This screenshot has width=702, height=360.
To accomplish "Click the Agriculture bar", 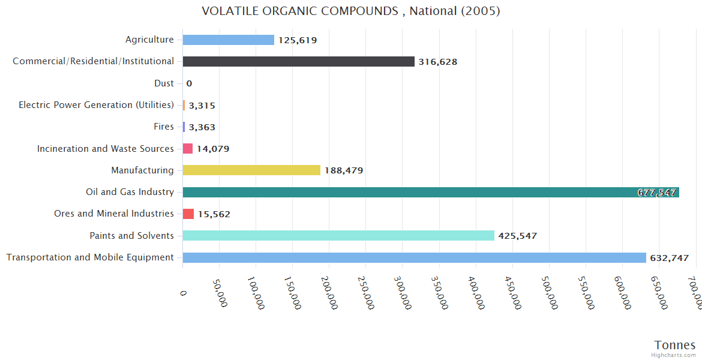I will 228,40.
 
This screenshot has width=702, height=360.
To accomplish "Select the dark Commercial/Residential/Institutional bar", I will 298,62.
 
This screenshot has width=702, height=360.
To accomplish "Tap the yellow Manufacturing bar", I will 251,170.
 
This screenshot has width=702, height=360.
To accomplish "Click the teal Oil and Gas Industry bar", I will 408,192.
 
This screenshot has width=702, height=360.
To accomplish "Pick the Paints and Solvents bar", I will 338,236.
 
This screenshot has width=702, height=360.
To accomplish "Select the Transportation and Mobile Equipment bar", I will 414,257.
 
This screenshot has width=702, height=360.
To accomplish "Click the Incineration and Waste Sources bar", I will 188,149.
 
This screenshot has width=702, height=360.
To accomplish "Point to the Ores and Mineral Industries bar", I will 188,214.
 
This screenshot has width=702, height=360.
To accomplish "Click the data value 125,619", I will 298,40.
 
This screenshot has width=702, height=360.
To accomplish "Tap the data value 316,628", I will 438,62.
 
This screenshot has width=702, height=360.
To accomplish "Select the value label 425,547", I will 518,236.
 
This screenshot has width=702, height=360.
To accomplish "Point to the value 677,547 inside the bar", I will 657,193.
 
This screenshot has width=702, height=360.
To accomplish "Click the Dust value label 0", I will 189,83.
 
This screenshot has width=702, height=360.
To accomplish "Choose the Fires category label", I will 164,127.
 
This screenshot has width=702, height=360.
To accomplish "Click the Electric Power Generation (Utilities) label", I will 96,105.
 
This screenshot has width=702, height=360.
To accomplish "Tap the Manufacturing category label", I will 142,170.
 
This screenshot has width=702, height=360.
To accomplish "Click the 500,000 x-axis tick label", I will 550,293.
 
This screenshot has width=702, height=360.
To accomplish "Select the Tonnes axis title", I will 675,345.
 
